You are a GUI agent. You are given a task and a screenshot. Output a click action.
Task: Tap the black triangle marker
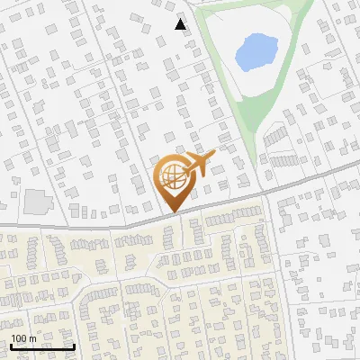tap(180, 24)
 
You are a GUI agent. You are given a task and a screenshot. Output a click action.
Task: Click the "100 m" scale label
tap(22, 337)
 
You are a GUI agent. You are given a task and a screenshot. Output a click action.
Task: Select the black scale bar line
tap(42, 346)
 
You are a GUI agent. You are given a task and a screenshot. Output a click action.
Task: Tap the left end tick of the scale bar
tap(11, 345)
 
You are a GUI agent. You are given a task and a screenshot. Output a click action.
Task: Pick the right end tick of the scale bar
tap(74, 345)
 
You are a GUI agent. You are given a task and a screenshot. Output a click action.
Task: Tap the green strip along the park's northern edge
tap(252, 7)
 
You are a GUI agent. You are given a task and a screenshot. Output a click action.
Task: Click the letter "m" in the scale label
tap(31, 337)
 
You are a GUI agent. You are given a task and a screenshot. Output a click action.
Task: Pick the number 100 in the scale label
tap(18, 337)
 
